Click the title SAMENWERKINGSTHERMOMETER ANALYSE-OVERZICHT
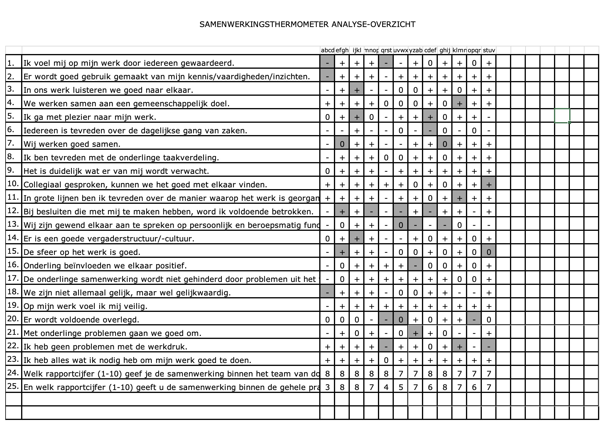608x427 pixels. (x=307, y=24)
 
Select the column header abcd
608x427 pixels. (x=327, y=50)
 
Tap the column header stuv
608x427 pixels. (x=489, y=50)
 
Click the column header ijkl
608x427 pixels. (x=357, y=50)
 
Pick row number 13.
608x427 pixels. (x=13, y=225)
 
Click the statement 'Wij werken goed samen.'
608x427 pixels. (x=72, y=144)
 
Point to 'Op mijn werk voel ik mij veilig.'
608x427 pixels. (x=85, y=306)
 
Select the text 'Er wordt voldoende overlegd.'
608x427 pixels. (x=81, y=320)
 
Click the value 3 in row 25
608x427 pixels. (x=327, y=387)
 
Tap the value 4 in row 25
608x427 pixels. (x=386, y=387)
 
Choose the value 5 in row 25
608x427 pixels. (x=401, y=387)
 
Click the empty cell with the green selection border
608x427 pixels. (x=562, y=116)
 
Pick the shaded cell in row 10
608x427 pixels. (x=489, y=185)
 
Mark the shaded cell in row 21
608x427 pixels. (x=416, y=333)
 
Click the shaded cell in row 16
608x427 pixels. (x=416, y=266)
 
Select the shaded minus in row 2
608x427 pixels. (x=327, y=77)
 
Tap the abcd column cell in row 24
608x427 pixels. (x=327, y=374)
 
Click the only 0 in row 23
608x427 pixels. (x=386, y=360)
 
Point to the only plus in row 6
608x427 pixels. (x=357, y=131)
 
